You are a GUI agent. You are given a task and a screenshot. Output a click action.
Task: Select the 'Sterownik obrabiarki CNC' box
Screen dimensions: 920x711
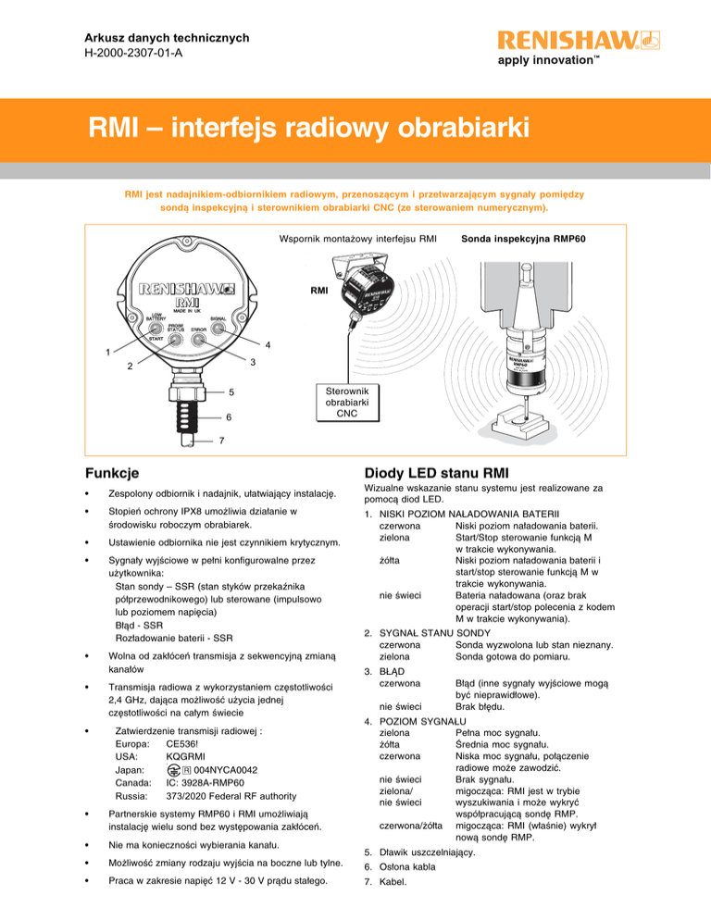click(x=347, y=404)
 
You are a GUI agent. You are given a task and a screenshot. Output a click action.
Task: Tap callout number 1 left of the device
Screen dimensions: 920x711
click(x=108, y=352)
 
